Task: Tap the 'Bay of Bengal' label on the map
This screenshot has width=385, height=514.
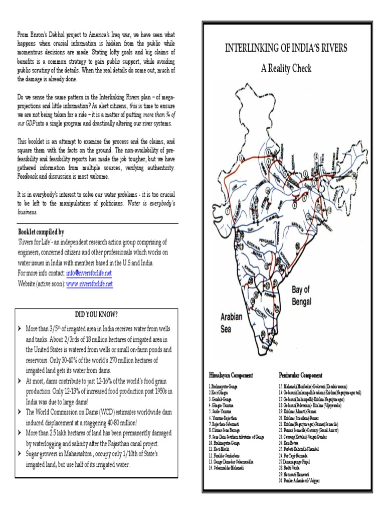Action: click(302, 296)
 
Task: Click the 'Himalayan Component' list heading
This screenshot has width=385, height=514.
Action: click(230, 375)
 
